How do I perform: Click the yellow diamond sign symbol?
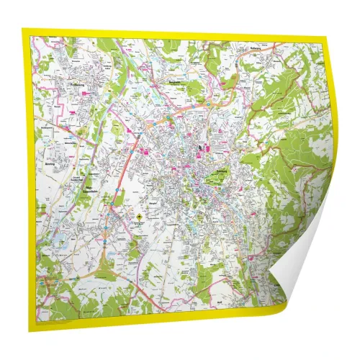(136, 216)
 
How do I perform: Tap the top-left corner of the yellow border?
(24, 31)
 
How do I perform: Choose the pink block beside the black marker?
(210, 149)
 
